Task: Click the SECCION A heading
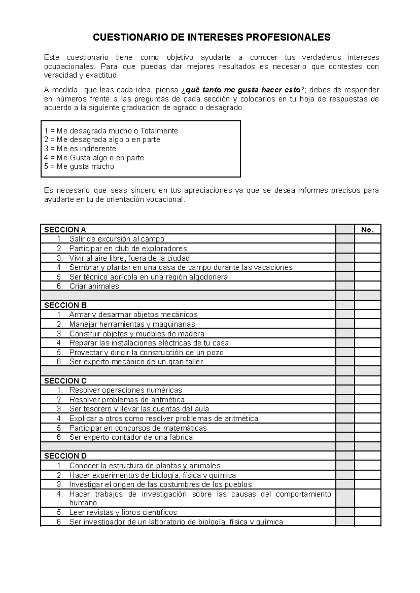[x=65, y=230]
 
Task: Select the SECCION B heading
[x=65, y=305]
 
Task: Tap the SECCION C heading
[x=65, y=381]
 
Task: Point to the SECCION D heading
[x=65, y=456]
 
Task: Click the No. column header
[x=367, y=230]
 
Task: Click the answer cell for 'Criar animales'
[x=367, y=286]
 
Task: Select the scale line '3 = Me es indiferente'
[x=80, y=148]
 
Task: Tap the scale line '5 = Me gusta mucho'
[x=79, y=167]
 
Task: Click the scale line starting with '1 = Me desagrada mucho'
[x=111, y=131]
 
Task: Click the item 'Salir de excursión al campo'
[x=117, y=239]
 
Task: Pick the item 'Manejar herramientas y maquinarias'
[x=132, y=324]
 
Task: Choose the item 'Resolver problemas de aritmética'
[x=127, y=400]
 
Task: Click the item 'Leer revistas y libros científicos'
[x=123, y=512]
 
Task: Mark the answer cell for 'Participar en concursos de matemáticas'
[x=367, y=428]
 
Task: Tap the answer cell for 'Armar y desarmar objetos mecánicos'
[x=367, y=314]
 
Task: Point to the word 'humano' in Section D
[x=83, y=503]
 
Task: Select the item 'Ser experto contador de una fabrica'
[x=131, y=437]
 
